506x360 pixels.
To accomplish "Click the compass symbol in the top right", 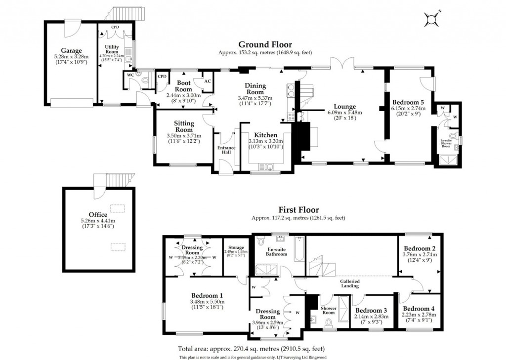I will [432, 19].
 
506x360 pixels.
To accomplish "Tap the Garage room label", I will [71, 50].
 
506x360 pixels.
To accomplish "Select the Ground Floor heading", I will [265, 44].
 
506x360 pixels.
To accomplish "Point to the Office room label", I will [98, 214].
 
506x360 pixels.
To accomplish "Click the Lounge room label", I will [344, 106].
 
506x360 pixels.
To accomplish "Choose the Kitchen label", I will [265, 135].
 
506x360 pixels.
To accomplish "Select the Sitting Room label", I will [184, 126].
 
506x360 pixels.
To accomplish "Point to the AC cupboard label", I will [208, 81].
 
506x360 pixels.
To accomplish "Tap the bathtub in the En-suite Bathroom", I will [297, 250].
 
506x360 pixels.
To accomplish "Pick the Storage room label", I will [236, 247].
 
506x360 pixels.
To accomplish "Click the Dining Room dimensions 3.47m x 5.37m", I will [255, 98].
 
